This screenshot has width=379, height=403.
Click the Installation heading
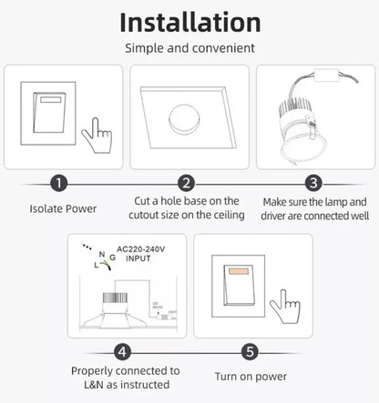click(x=189, y=21)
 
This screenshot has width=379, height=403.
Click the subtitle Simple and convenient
click(x=189, y=47)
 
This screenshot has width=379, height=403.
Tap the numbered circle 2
click(x=187, y=184)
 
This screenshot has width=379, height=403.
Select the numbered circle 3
click(x=313, y=184)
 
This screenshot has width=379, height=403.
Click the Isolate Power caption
click(x=62, y=208)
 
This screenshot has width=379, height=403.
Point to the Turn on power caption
click(x=251, y=377)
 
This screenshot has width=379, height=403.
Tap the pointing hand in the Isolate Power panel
click(x=96, y=136)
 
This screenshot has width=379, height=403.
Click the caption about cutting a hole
click(x=187, y=207)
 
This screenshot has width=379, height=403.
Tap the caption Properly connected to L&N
click(x=125, y=378)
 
